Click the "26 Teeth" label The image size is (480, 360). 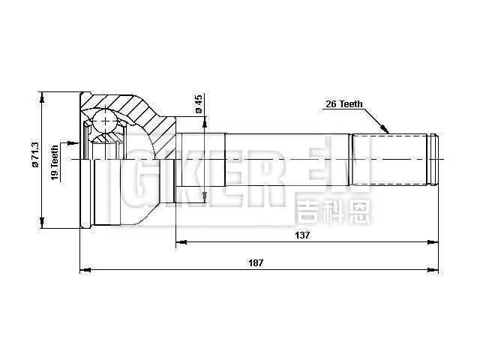point(344,104)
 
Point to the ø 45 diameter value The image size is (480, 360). point(198,104)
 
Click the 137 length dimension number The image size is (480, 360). point(302,234)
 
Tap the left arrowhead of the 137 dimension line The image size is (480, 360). point(180,242)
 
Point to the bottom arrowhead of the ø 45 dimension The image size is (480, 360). point(204,196)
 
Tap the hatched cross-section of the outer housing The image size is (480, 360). point(124,105)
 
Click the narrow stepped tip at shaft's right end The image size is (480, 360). point(433,159)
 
